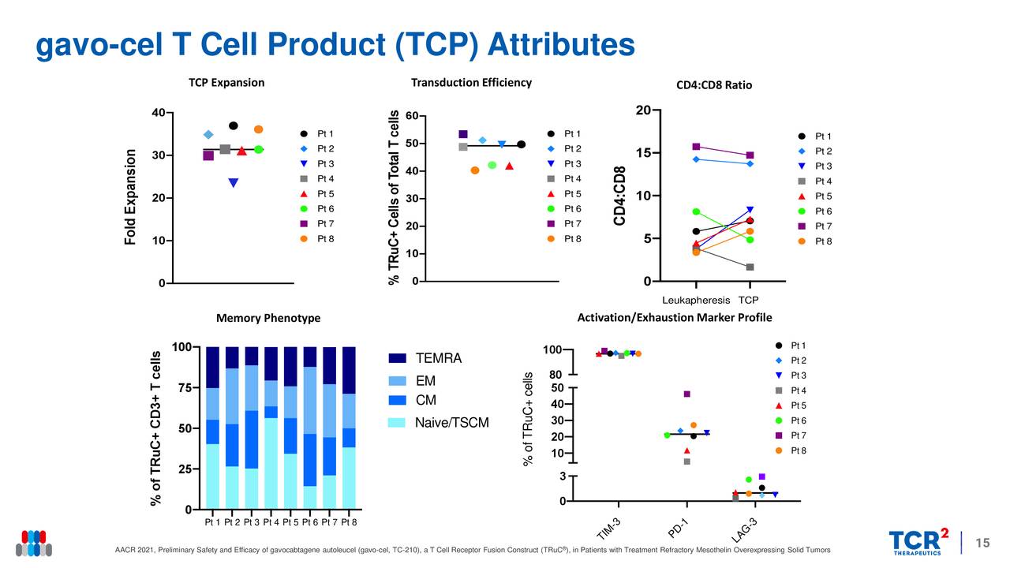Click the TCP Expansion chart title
click(x=226, y=83)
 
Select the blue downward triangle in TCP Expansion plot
click(x=234, y=183)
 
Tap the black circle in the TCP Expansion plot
click(x=234, y=125)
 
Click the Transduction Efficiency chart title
click(x=471, y=83)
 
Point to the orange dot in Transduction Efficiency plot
click(x=475, y=170)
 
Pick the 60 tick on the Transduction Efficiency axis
click(x=411, y=117)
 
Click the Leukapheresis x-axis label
click(x=696, y=301)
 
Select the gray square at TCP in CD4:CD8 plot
click(x=750, y=267)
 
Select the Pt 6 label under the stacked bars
click(x=309, y=522)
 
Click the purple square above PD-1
click(x=687, y=394)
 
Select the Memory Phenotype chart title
click(x=268, y=318)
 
